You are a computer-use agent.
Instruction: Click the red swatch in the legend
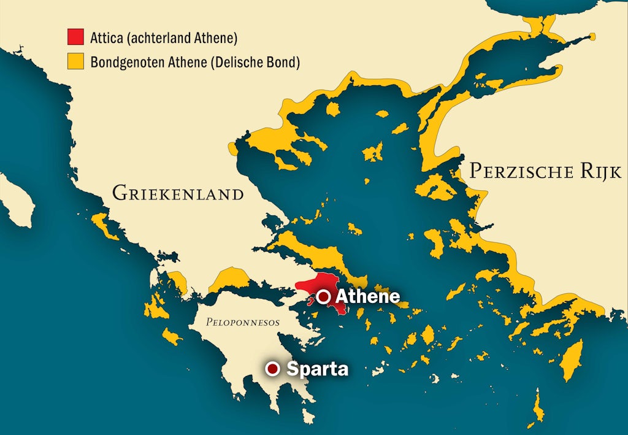(75, 38)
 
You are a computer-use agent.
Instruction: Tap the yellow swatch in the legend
(75, 61)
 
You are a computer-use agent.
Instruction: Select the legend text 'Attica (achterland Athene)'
(163, 38)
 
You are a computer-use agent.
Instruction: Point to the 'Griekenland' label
(178, 194)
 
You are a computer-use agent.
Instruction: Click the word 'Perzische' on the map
(521, 171)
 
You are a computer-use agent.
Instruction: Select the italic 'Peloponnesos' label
(242, 321)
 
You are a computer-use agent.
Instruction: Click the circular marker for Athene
(324, 297)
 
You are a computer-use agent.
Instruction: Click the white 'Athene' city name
(368, 297)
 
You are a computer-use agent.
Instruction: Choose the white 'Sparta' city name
(317, 369)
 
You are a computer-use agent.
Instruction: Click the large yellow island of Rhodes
(572, 361)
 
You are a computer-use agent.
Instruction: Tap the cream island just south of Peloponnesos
(309, 418)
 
